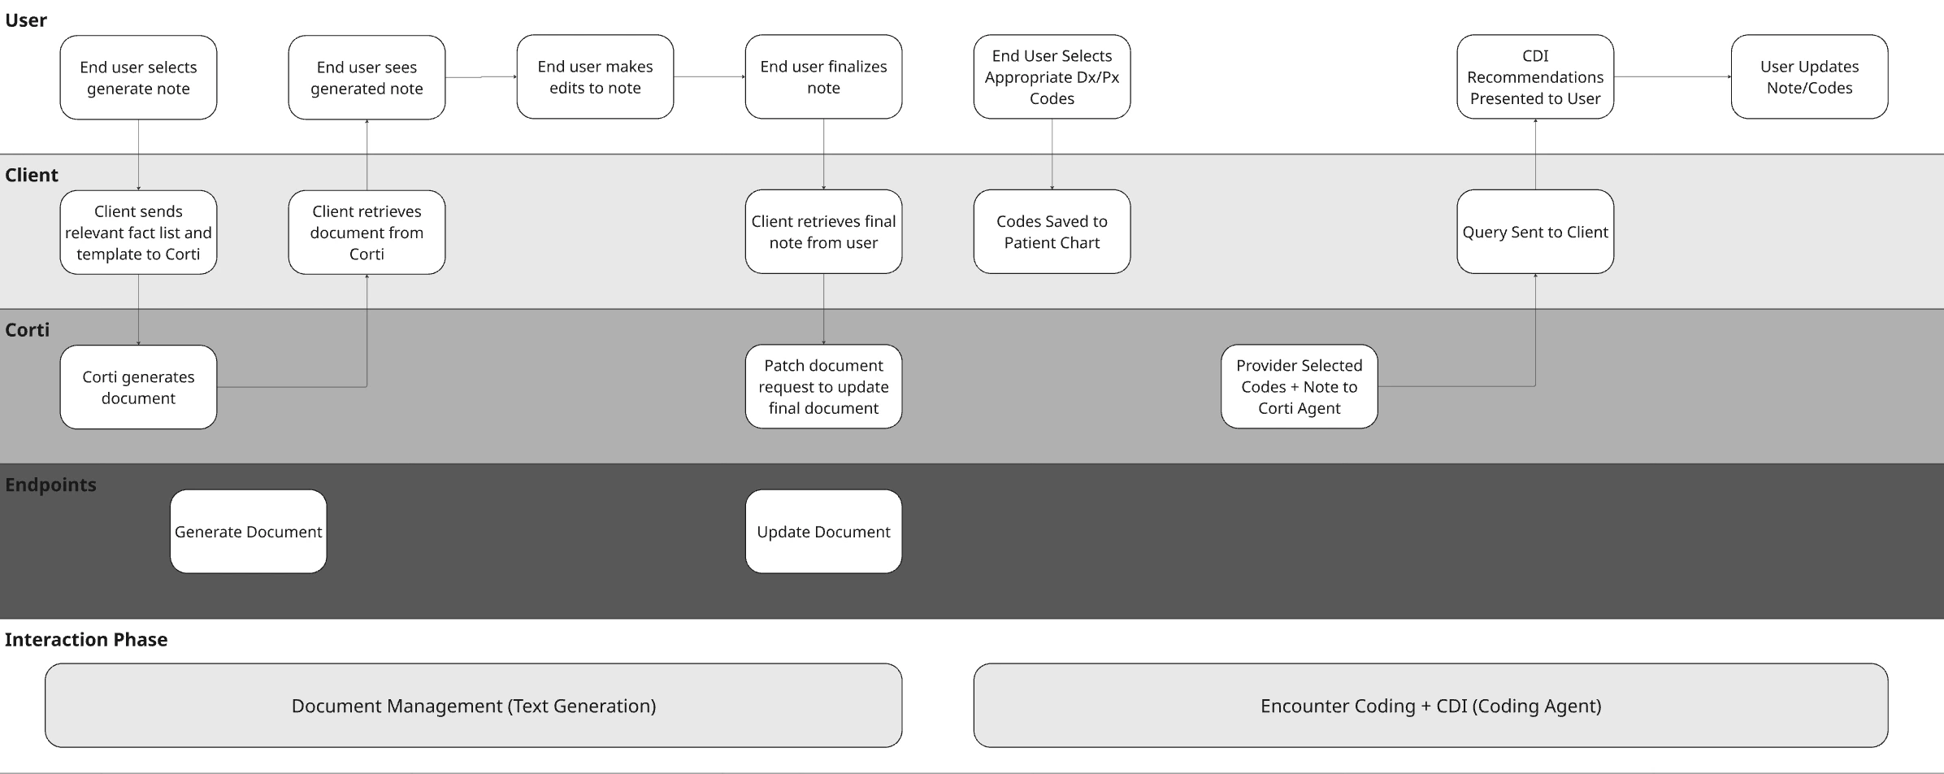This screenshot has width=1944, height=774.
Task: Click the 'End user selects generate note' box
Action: click(138, 78)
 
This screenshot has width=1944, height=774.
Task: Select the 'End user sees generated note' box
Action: click(367, 78)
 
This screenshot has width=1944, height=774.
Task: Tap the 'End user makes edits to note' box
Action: click(595, 77)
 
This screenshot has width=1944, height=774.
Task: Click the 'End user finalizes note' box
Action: click(823, 77)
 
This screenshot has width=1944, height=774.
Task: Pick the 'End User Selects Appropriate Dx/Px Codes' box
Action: click(1052, 77)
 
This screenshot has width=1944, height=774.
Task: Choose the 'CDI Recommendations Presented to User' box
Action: click(1534, 77)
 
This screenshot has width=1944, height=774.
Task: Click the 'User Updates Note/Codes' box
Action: click(1809, 77)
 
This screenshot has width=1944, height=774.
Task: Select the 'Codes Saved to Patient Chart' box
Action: click(1052, 232)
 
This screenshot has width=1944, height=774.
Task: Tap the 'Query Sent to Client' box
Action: click(1534, 232)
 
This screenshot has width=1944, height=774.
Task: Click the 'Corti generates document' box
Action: click(138, 387)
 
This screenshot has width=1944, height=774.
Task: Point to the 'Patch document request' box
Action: click(823, 387)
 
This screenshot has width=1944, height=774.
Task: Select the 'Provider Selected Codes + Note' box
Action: click(1299, 387)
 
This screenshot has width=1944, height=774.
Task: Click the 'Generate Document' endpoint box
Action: click(248, 532)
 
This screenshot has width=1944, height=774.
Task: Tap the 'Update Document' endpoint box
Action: click(823, 532)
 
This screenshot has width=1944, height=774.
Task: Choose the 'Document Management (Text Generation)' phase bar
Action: click(473, 706)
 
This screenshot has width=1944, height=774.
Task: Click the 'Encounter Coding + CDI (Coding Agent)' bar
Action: click(1430, 706)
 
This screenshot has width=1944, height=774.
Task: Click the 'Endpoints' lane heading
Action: click(50, 485)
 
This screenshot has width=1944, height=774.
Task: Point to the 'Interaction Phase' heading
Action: click(86, 640)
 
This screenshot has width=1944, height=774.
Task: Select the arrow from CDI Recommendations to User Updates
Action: click(1672, 77)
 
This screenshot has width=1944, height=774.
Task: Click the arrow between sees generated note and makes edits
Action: click(480, 77)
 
